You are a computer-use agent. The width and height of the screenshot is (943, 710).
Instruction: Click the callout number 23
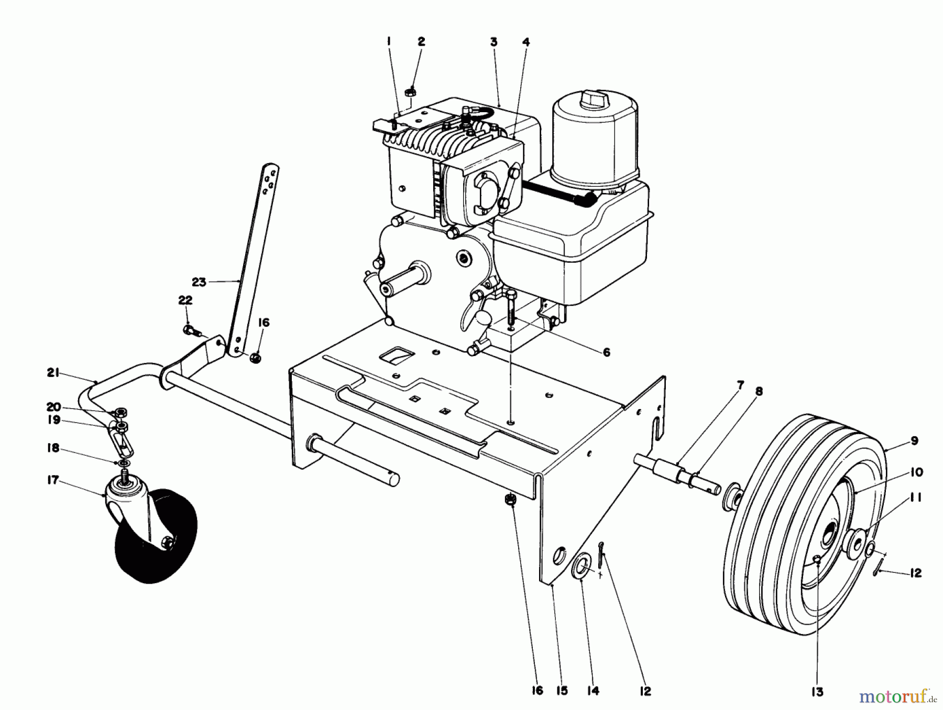199,282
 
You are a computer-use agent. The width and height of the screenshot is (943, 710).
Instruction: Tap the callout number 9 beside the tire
914,441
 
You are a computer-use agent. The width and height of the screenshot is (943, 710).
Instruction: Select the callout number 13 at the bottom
818,692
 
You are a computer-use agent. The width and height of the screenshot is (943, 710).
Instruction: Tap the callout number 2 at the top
421,41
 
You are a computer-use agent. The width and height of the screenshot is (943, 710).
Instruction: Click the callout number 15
561,691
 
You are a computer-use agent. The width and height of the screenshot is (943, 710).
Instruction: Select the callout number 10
916,472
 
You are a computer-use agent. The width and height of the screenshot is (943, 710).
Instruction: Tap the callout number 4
525,41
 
